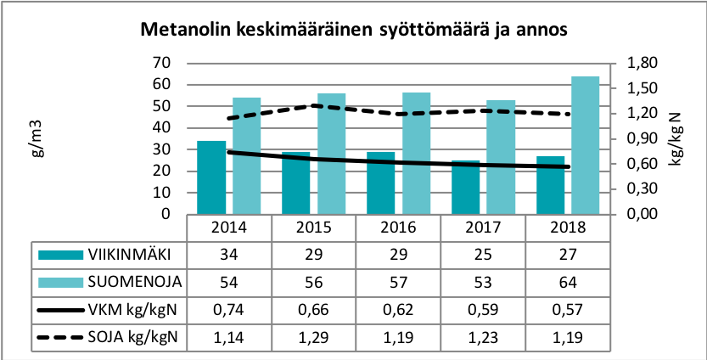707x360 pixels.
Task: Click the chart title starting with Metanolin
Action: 352,30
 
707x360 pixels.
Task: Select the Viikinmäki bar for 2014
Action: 211,177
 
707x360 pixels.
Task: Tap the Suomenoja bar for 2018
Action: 586,145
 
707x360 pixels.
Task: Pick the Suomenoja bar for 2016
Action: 416,153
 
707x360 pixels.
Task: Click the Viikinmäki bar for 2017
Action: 466,188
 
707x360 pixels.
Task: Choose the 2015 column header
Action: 314,228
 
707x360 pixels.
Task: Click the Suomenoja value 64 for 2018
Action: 568,279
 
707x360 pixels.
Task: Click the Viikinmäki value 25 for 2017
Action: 483,254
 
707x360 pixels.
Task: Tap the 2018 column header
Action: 568,228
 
